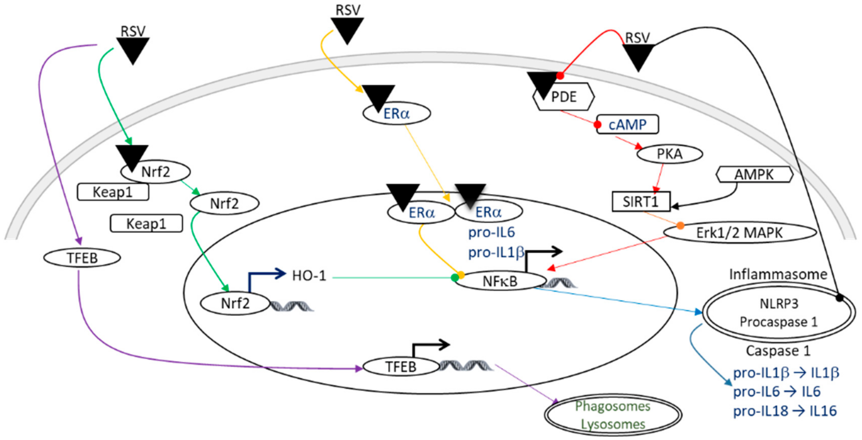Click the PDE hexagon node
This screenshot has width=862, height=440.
tap(564, 97)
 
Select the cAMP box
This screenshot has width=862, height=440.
tap(627, 125)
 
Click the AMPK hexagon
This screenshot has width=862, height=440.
tap(754, 174)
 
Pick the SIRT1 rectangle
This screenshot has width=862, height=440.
tap(640, 201)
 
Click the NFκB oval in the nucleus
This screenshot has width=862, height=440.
tap(500, 281)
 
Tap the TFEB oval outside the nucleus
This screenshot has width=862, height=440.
tap(82, 258)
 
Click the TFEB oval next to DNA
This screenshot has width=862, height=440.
tap(401, 367)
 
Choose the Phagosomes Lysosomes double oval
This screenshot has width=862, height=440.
tap(613, 415)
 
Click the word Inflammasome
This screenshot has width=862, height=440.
tap(778, 274)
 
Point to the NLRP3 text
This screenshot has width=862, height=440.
tap(779, 303)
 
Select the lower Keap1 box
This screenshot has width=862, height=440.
tap(146, 224)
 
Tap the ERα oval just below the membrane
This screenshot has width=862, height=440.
tap(396, 114)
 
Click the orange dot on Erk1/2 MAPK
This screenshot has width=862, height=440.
tap(680, 226)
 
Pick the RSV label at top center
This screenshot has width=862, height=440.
tap(348, 10)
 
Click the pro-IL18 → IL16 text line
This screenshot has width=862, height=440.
tap(785, 411)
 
